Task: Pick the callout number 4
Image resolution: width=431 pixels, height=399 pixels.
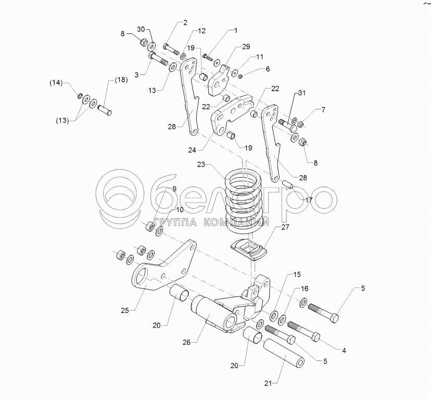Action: pyautogui.click(x=344, y=351)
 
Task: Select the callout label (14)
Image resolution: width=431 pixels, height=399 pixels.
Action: pyautogui.click(x=56, y=83)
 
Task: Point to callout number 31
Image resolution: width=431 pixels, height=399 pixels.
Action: pyautogui.click(x=302, y=93)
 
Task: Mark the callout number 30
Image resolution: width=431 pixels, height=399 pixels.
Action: pyautogui.click(x=141, y=28)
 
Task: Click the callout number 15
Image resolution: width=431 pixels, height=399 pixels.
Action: pyautogui.click(x=297, y=274)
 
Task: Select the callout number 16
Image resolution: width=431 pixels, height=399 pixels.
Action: pyautogui.click(x=305, y=288)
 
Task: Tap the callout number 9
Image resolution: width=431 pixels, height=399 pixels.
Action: pyautogui.click(x=174, y=189)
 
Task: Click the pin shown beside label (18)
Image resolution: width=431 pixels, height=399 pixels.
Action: pyautogui.click(x=106, y=110)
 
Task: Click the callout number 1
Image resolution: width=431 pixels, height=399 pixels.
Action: pyautogui.click(x=235, y=31)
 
